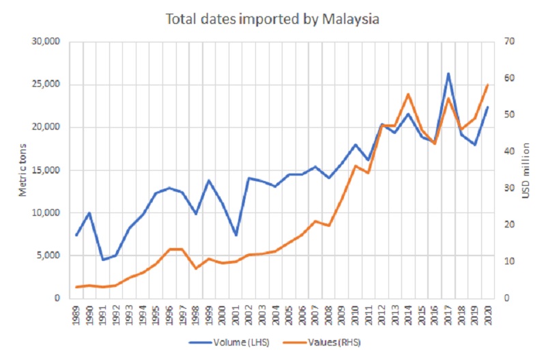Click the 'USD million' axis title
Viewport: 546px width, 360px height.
526,170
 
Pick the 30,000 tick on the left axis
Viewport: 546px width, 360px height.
46,42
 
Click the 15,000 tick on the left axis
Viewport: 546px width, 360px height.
46,170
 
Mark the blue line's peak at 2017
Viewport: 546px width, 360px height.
448,73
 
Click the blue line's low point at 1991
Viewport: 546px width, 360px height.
103,260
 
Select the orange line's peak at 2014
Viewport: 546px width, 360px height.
408,94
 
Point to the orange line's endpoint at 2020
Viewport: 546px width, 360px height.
488,85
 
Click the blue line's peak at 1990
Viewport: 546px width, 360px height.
89,212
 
